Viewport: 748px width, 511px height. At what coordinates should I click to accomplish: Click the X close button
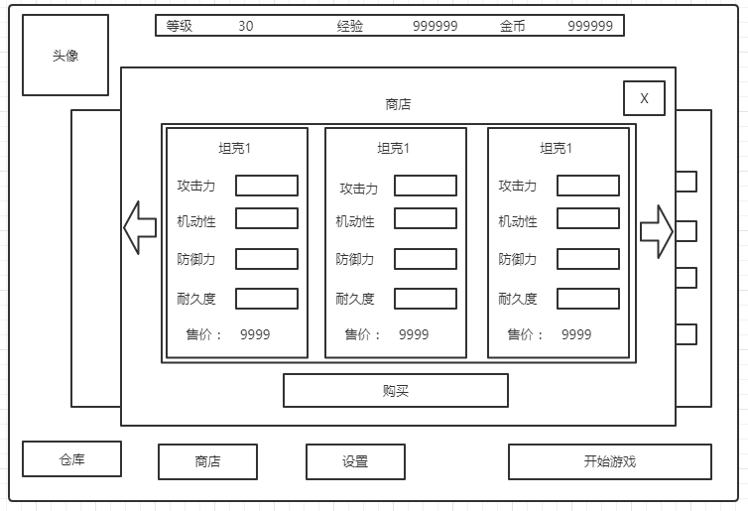click(644, 98)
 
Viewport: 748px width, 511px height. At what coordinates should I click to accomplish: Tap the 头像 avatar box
click(65, 56)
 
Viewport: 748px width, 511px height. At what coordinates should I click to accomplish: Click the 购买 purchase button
click(395, 390)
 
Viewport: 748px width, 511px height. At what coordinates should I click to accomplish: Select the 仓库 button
click(71, 459)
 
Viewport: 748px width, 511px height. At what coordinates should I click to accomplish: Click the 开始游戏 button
click(609, 461)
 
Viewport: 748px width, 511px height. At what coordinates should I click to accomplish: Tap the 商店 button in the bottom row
click(207, 461)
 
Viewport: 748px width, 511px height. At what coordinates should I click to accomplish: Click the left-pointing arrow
click(140, 227)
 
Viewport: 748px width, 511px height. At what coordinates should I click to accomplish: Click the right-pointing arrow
click(657, 231)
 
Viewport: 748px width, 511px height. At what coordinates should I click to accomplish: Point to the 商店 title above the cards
click(398, 104)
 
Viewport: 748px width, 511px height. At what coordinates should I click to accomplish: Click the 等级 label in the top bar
click(180, 27)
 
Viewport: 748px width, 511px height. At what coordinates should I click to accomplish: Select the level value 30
click(245, 27)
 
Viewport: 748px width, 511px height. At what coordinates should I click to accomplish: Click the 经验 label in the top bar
click(350, 27)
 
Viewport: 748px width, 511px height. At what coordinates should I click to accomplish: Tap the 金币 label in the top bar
click(513, 27)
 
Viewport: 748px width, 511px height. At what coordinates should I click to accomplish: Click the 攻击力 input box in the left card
click(266, 186)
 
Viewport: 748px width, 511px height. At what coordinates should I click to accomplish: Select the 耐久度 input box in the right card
click(587, 299)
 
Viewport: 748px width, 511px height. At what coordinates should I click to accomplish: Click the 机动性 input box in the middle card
click(425, 218)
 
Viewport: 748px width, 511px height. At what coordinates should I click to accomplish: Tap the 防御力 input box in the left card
click(266, 259)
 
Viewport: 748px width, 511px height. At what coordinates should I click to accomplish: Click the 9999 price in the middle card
click(414, 334)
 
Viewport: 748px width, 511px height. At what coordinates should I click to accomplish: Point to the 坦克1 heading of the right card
click(556, 149)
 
